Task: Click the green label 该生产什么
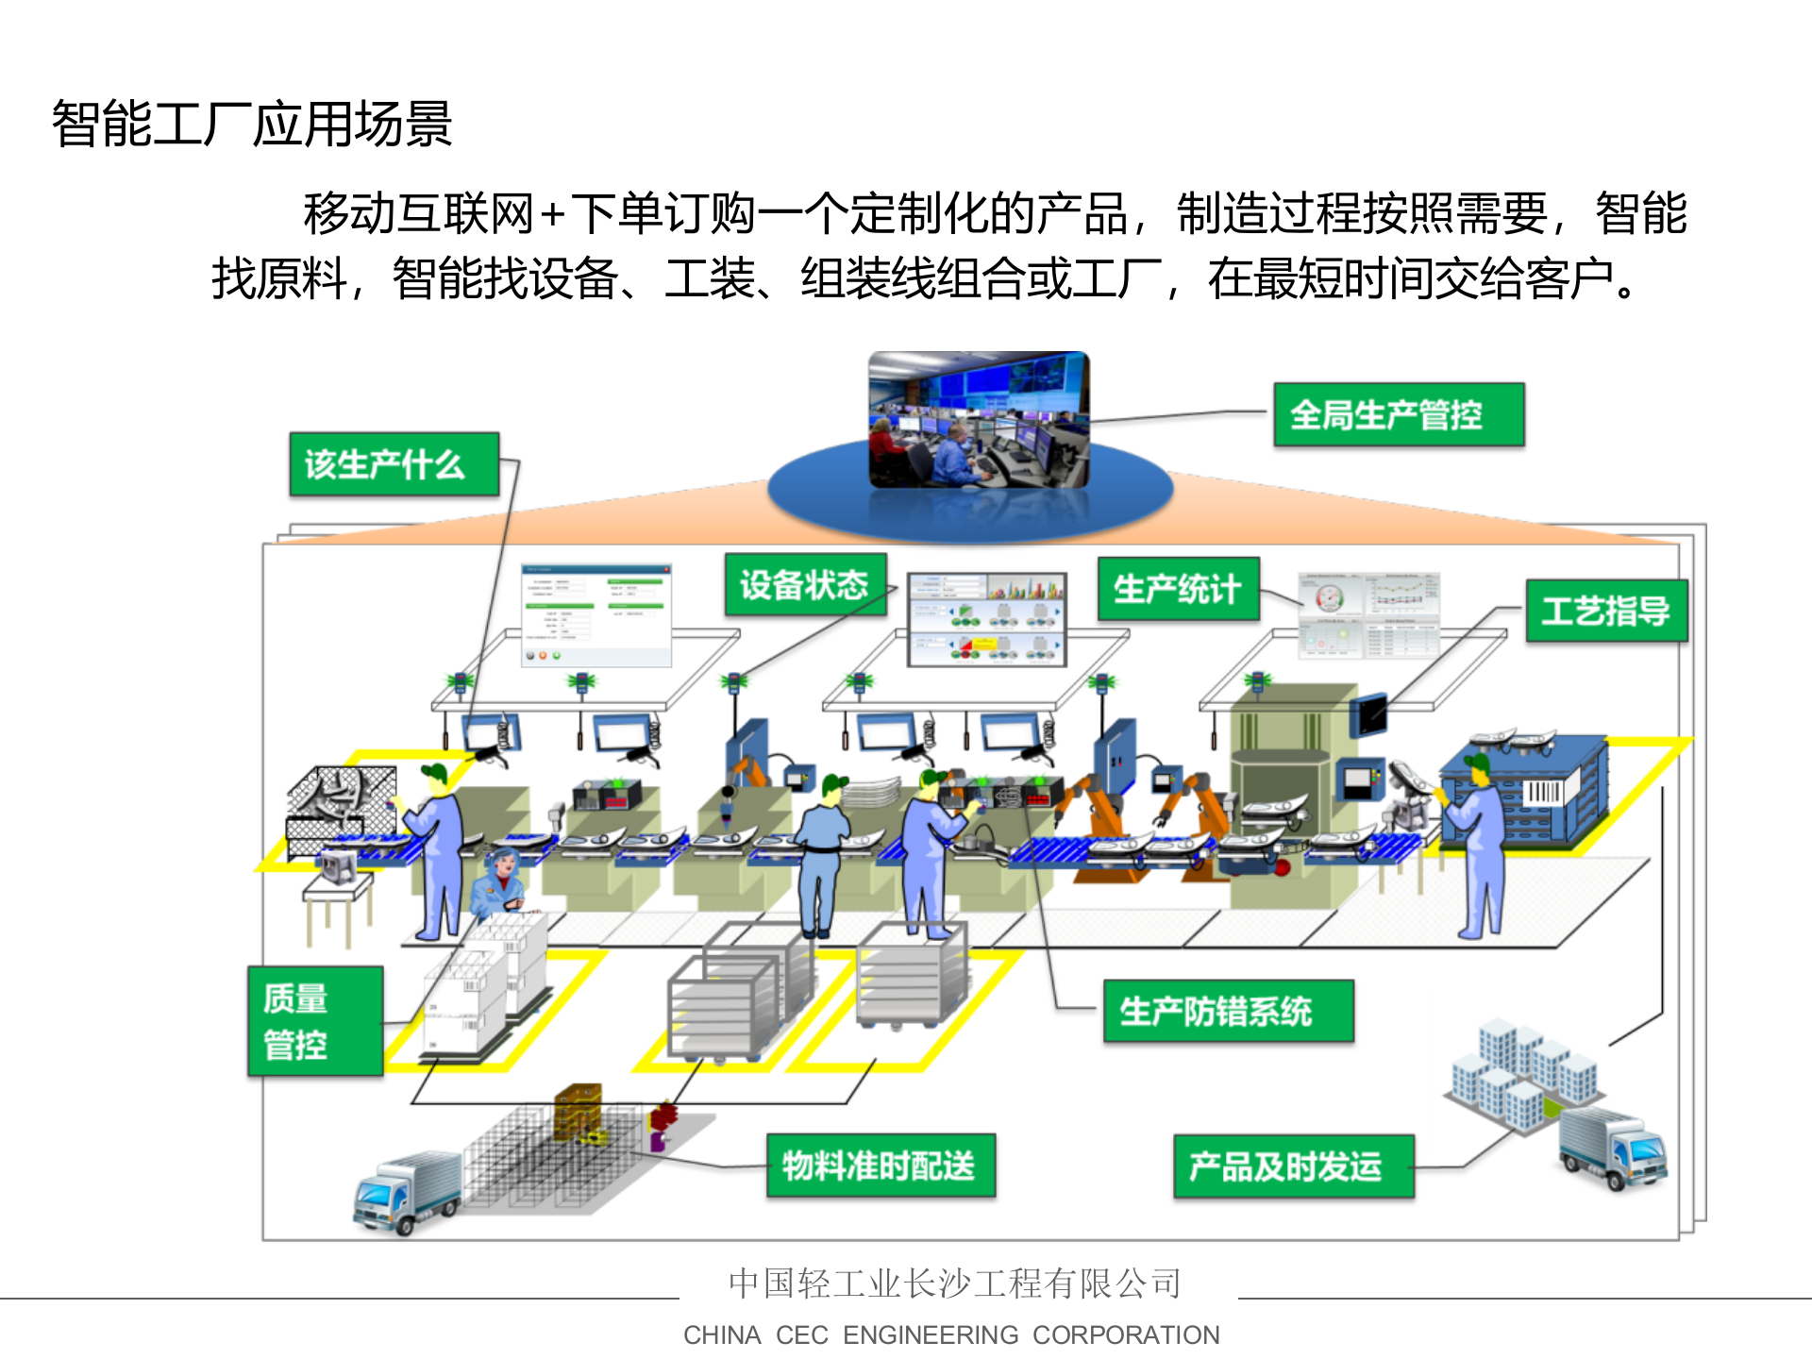[394, 464]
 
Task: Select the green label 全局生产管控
[1398, 414]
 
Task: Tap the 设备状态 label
[805, 585]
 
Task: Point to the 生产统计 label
[1178, 589]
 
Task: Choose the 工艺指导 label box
[1606, 611]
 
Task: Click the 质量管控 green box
[315, 1021]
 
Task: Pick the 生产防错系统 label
[1228, 1011]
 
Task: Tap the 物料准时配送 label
[881, 1166]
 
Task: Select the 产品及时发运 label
[1293, 1166]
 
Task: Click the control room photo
[979, 420]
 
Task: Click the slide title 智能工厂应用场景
[252, 124]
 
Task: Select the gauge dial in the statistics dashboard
[1329, 597]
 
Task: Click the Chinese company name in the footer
[954, 1283]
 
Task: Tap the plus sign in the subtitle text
[553, 214]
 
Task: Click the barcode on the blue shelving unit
[1543, 791]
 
